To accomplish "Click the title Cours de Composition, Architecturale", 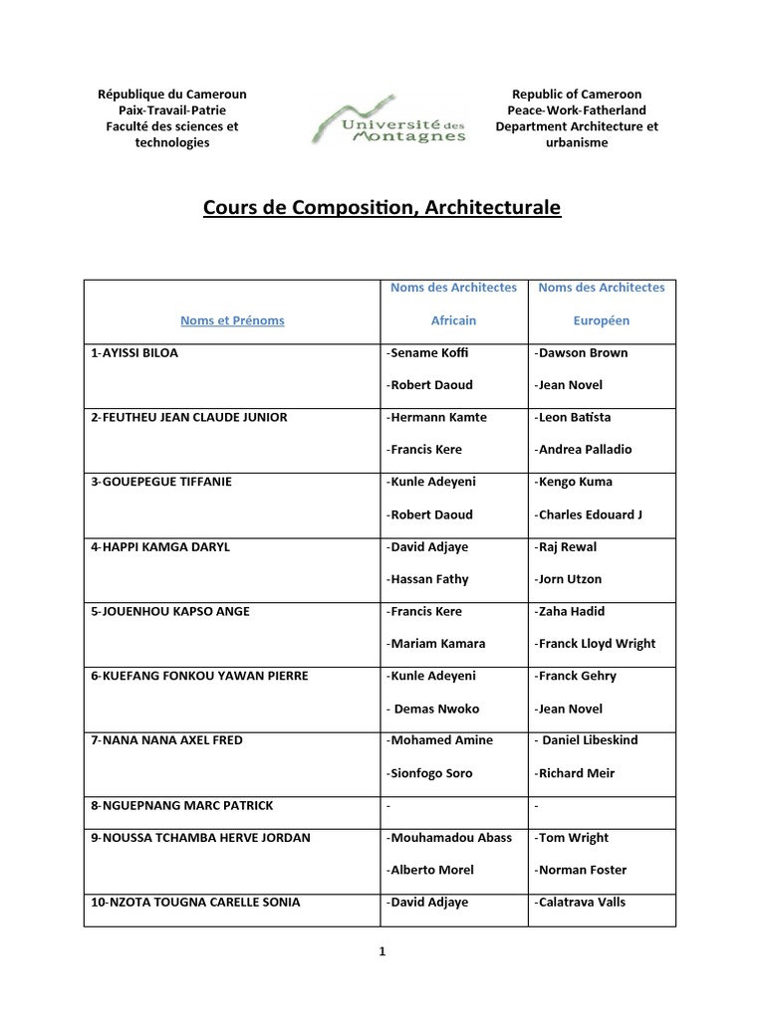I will click(x=382, y=208).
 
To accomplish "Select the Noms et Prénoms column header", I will click(x=232, y=320).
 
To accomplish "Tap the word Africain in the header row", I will click(x=453, y=320).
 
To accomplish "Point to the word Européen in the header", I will click(x=601, y=320).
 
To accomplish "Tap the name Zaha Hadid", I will click(x=570, y=611).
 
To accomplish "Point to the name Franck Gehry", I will click(x=576, y=676).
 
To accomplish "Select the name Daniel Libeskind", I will click(x=588, y=740).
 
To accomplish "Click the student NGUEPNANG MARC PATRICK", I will click(x=181, y=805).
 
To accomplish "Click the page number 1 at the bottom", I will click(x=382, y=951).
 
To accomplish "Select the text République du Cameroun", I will click(x=172, y=95).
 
